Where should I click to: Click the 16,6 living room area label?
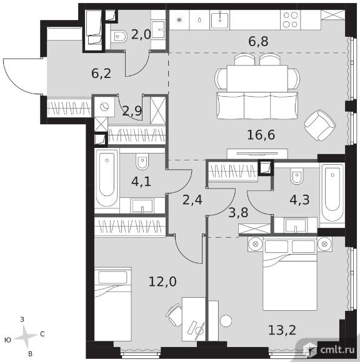tap(261, 135)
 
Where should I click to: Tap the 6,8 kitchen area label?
tap(258, 42)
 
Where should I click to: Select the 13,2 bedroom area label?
tap(282, 330)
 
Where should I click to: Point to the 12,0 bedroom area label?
tap(162, 281)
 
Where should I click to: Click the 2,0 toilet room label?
tap(141, 34)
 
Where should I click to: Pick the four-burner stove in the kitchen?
tap(291, 19)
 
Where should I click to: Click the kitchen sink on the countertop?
tap(219, 19)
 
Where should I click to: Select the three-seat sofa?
tap(257, 105)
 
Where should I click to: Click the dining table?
tap(257, 79)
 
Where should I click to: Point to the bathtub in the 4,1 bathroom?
tap(107, 179)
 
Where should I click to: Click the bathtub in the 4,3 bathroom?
tap(332, 193)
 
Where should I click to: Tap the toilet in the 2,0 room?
tap(119, 36)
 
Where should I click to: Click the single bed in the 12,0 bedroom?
tap(113, 304)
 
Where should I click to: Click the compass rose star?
tap(26, 336)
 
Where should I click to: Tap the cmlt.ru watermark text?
tap(337, 350)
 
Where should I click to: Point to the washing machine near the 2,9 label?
tap(104, 107)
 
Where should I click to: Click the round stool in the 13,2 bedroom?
tap(226, 321)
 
